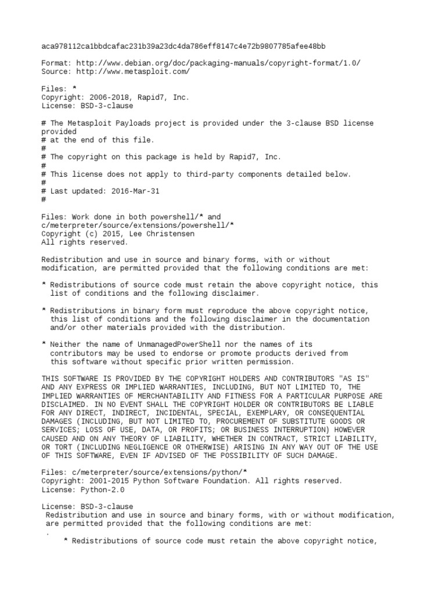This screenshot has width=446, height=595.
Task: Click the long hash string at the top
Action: tap(184, 46)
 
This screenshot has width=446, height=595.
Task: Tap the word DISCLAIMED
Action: tap(65, 404)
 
